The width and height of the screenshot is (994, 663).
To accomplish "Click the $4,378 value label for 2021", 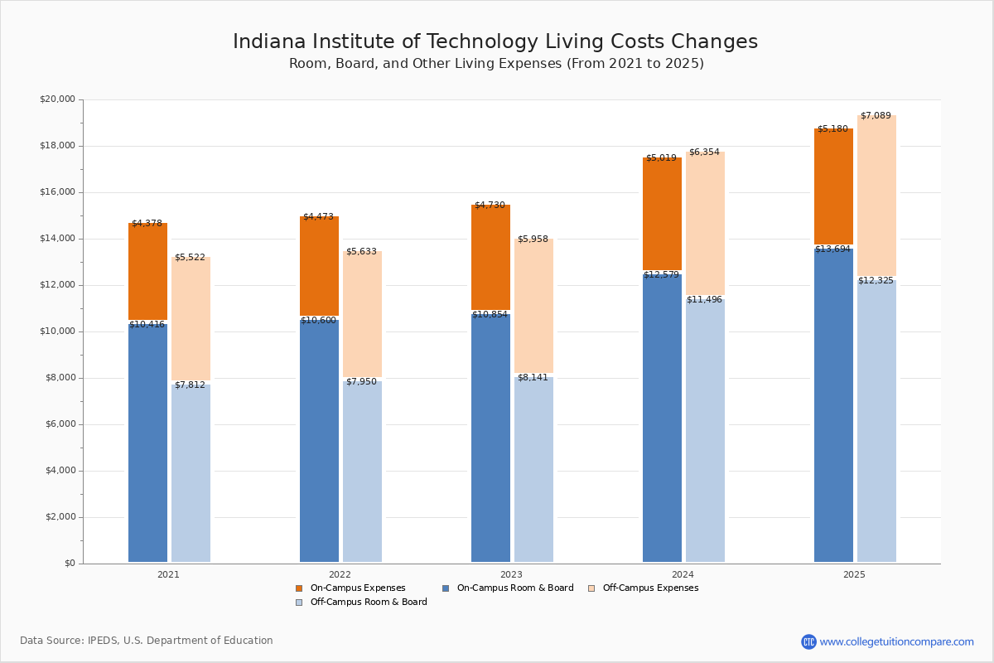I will (x=147, y=224).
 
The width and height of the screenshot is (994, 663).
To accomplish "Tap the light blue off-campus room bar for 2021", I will (x=191, y=472).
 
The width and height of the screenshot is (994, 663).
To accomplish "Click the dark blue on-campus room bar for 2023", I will (x=490, y=439).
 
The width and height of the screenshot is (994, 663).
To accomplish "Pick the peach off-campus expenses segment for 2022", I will (x=362, y=315).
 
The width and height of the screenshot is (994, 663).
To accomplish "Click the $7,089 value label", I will (x=876, y=116).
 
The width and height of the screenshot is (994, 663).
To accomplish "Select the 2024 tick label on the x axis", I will (x=683, y=574).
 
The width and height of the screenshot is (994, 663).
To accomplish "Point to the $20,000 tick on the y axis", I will (x=57, y=99).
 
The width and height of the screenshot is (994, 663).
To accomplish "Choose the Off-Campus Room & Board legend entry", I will (x=368, y=603).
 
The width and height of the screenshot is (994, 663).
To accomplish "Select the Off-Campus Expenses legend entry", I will (x=649, y=588).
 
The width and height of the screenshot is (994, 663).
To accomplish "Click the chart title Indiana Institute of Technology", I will (x=495, y=42).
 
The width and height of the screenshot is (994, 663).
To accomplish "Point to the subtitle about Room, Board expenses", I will (x=496, y=64).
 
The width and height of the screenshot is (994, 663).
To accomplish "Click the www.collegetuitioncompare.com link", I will (x=896, y=641).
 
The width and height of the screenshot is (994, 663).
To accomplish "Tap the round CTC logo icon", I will (x=808, y=641).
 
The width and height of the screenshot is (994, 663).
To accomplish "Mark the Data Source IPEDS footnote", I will (x=147, y=641).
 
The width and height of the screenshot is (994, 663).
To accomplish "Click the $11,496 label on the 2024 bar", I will (x=704, y=300).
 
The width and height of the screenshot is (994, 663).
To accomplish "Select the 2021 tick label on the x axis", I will (x=168, y=574).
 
